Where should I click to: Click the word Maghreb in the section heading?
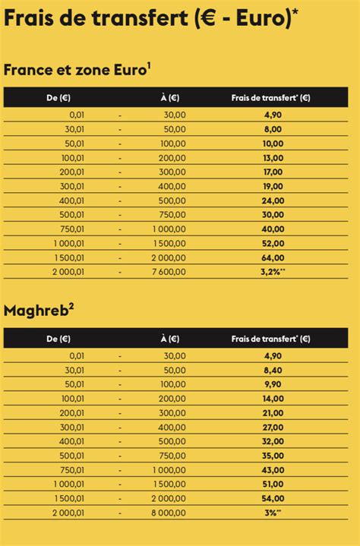(x=36, y=310)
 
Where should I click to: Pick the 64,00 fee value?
(x=273, y=257)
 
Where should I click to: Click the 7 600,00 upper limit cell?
(x=166, y=272)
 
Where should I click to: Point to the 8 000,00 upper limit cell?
(x=166, y=513)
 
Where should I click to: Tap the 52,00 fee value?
(x=273, y=243)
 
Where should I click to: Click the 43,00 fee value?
(x=273, y=469)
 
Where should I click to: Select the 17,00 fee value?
(x=273, y=172)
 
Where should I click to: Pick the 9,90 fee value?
(x=273, y=383)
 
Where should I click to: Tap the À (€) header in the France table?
(x=169, y=97)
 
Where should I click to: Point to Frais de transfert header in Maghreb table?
(x=265, y=338)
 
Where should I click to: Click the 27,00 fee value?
(x=273, y=427)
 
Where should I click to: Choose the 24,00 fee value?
(x=273, y=200)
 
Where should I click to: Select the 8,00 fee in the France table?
(x=273, y=129)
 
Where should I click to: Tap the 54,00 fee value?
(x=273, y=498)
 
